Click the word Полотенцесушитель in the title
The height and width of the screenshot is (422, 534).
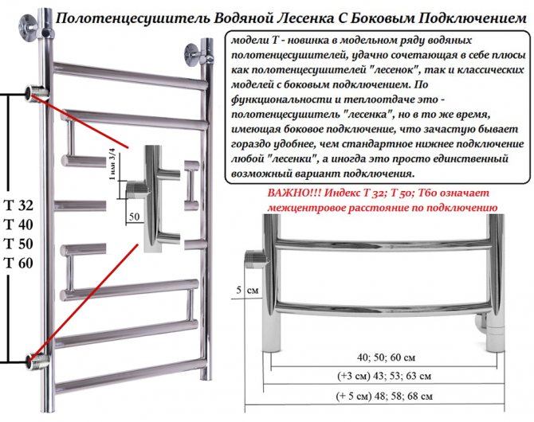tap(133, 19)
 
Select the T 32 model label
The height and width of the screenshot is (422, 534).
tap(18, 205)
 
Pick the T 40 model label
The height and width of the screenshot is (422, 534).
tap(18, 225)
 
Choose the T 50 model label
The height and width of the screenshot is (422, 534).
tap(18, 244)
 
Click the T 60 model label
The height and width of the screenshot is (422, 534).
tap(18, 263)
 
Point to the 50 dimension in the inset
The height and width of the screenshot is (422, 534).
tap(134, 217)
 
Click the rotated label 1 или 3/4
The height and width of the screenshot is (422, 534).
tap(112, 164)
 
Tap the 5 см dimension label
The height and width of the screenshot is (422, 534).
tap(248, 290)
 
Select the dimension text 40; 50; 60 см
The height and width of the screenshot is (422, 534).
tap(387, 358)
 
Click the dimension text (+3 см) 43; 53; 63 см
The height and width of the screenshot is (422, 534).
tap(384, 376)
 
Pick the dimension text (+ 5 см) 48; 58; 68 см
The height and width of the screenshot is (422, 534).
tap(384, 397)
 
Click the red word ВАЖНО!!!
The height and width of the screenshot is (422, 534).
tap(294, 193)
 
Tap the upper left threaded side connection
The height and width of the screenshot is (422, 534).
tap(35, 93)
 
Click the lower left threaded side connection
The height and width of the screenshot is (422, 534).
tap(36, 360)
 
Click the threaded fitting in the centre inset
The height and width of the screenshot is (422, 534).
tap(137, 190)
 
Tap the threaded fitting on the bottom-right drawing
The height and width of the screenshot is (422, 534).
tap(255, 259)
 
